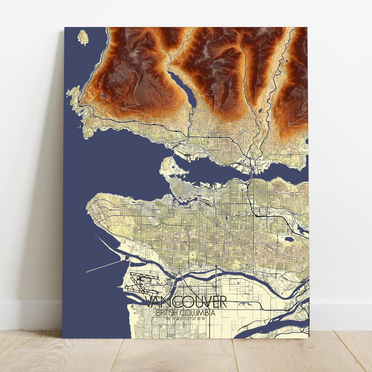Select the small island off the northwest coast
point(84,37)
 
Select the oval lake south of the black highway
point(287,239)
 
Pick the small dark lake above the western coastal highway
point(103,96)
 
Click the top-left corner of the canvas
point(65,27)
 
